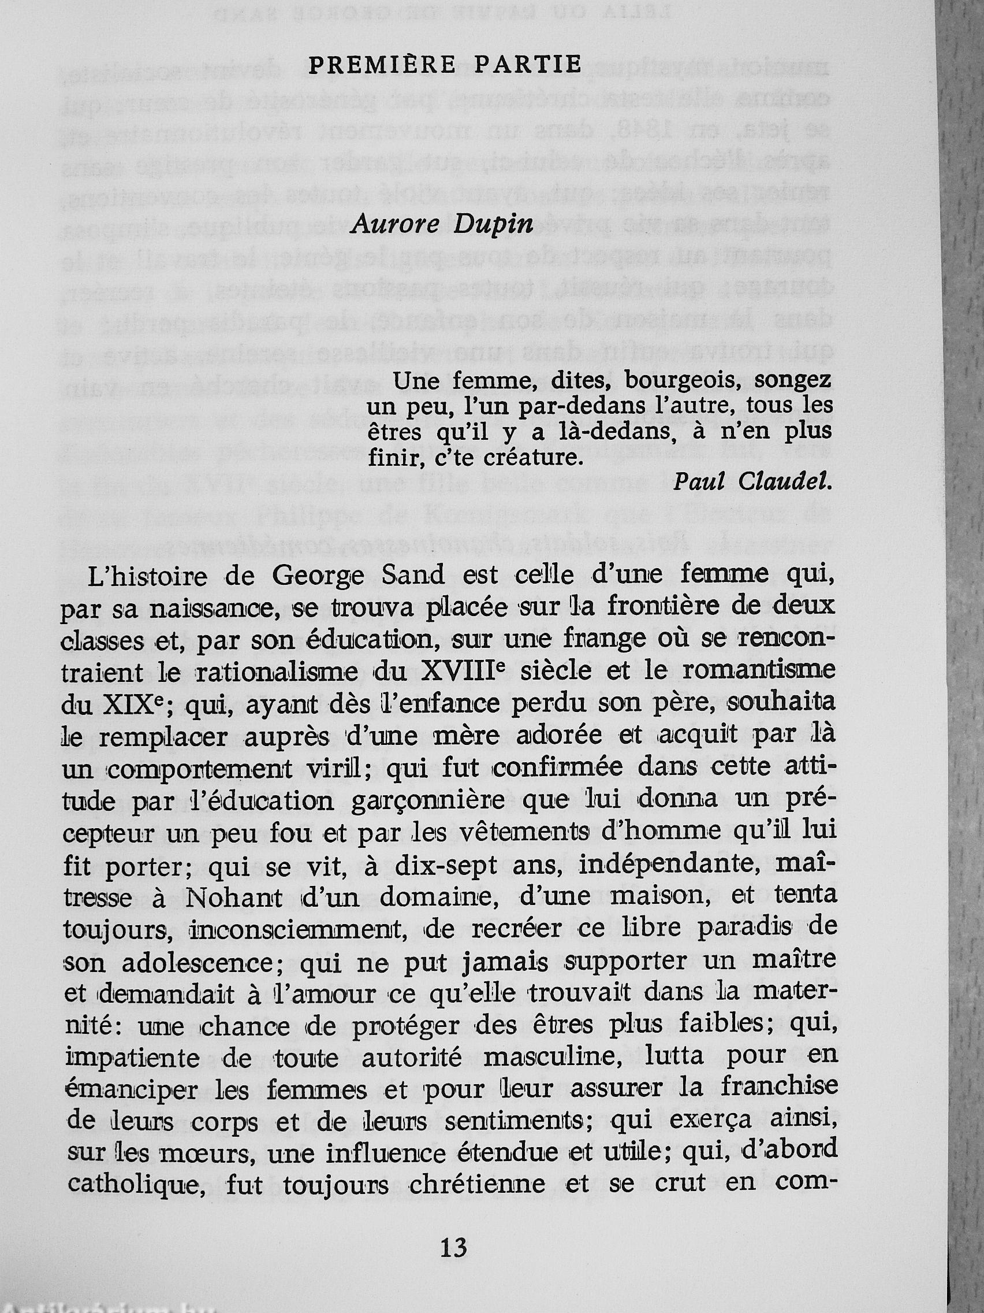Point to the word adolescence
194,962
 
